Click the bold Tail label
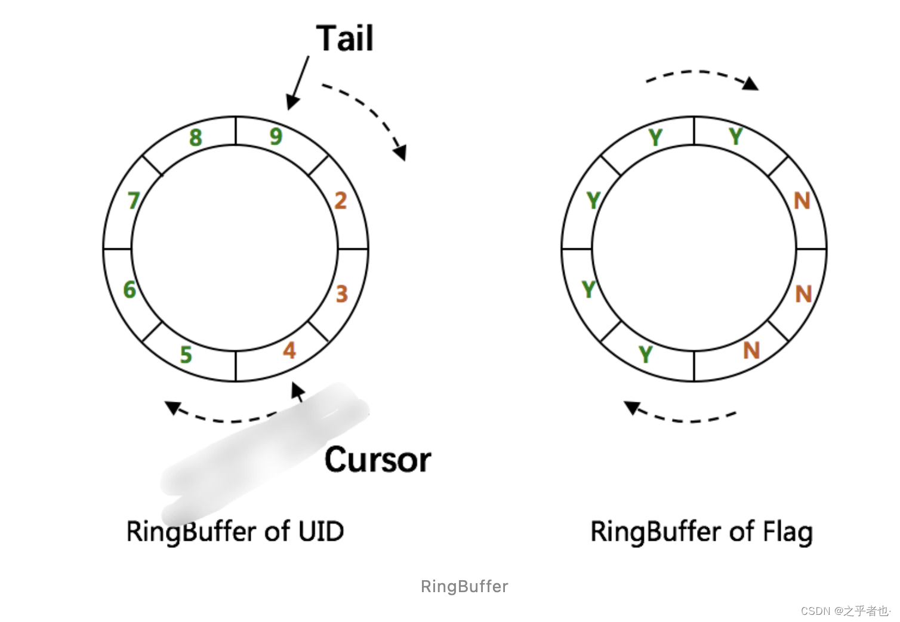[344, 39]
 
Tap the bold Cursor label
[377, 460]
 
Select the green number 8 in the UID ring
[196, 138]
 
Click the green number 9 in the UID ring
[276, 137]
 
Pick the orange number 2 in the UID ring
[340, 201]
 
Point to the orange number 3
[341, 294]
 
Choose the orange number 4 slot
[289, 350]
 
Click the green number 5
[186, 355]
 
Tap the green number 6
[130, 290]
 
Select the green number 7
[134, 201]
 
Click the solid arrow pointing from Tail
[298, 83]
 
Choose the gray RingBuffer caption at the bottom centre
[464, 586]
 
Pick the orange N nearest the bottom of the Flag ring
[751, 350]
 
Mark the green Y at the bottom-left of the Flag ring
[645, 355]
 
